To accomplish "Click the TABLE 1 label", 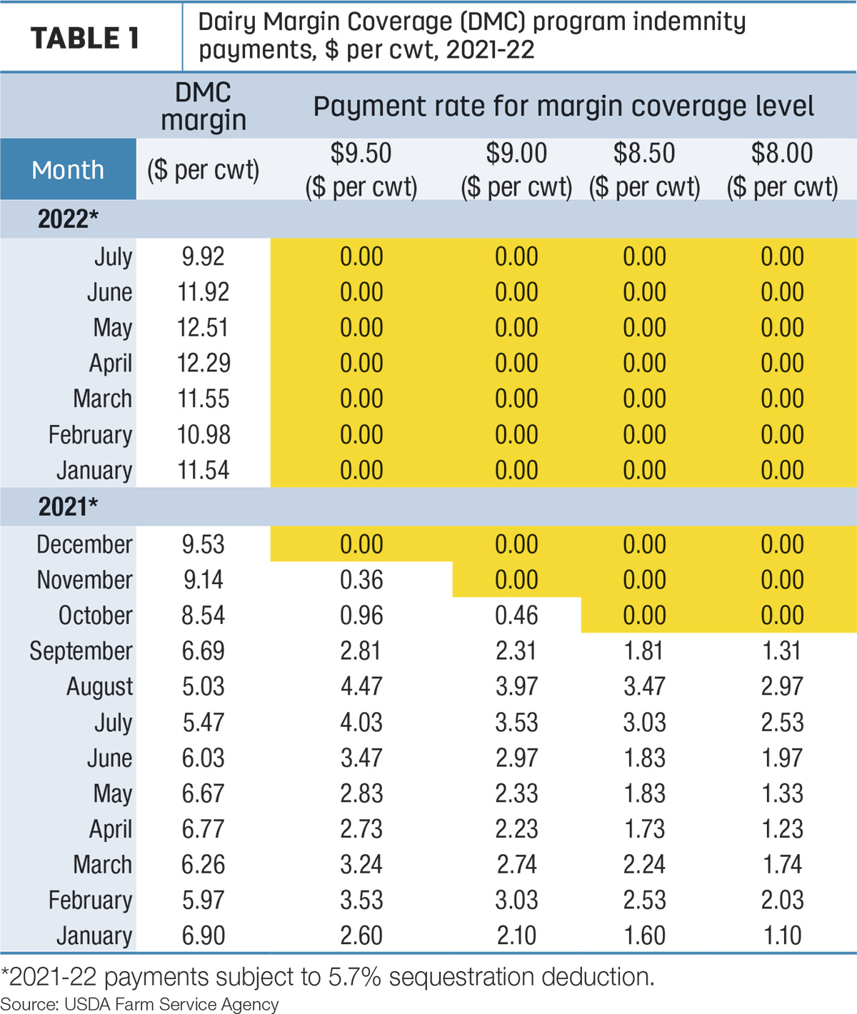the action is click(x=84, y=39).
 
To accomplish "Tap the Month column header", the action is click(x=68, y=170).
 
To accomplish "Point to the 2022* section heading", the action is click(x=68, y=219).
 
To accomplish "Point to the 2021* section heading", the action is click(x=68, y=506).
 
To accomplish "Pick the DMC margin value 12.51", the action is click(x=203, y=327).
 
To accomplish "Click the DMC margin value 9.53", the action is click(x=203, y=544).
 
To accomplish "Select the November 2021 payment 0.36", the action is click(x=361, y=579).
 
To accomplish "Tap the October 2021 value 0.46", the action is click(x=516, y=615).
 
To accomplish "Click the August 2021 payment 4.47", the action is click(x=361, y=686).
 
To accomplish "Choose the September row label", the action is click(x=81, y=651).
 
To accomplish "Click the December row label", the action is click(x=84, y=544).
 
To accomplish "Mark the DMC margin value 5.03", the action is click(x=203, y=686).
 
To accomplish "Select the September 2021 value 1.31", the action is click(x=782, y=651).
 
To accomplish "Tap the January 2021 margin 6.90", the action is click(x=203, y=935).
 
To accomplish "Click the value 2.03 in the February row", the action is click(x=782, y=900).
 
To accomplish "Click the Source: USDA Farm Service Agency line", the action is click(x=139, y=1004).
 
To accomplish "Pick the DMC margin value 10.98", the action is click(x=203, y=434).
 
